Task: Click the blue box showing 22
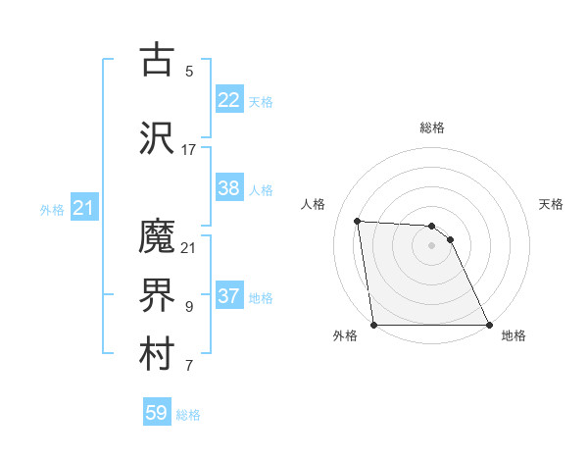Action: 229,99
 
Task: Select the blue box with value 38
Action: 229,189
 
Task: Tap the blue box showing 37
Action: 229,296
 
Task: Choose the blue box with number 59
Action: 157,413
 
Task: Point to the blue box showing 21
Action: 83,208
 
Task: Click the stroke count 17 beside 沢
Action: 189,150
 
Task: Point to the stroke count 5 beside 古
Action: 189,72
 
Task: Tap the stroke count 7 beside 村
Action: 189,367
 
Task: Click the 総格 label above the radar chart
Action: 431,128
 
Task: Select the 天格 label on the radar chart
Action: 552,204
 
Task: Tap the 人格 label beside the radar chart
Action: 314,204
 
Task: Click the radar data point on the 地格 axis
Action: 488,325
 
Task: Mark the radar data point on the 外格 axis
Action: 373,325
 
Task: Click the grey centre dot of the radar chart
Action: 431,245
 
